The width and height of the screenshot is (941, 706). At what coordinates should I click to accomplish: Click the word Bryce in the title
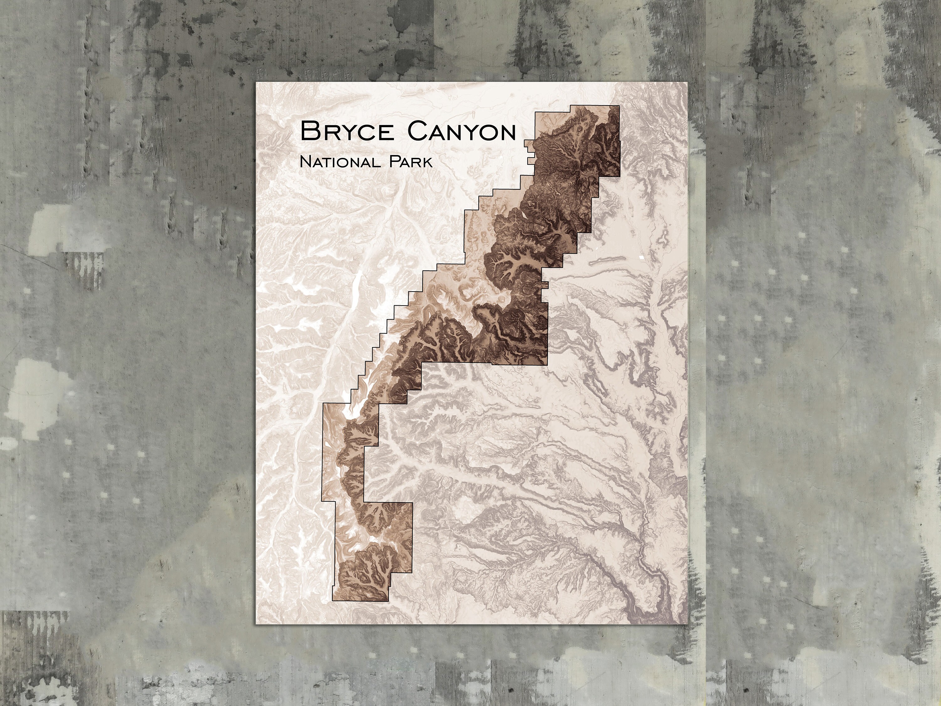tap(347, 131)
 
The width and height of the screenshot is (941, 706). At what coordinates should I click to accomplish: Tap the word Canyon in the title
tap(462, 131)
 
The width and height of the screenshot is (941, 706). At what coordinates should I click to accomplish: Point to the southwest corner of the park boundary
tap(332, 601)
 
